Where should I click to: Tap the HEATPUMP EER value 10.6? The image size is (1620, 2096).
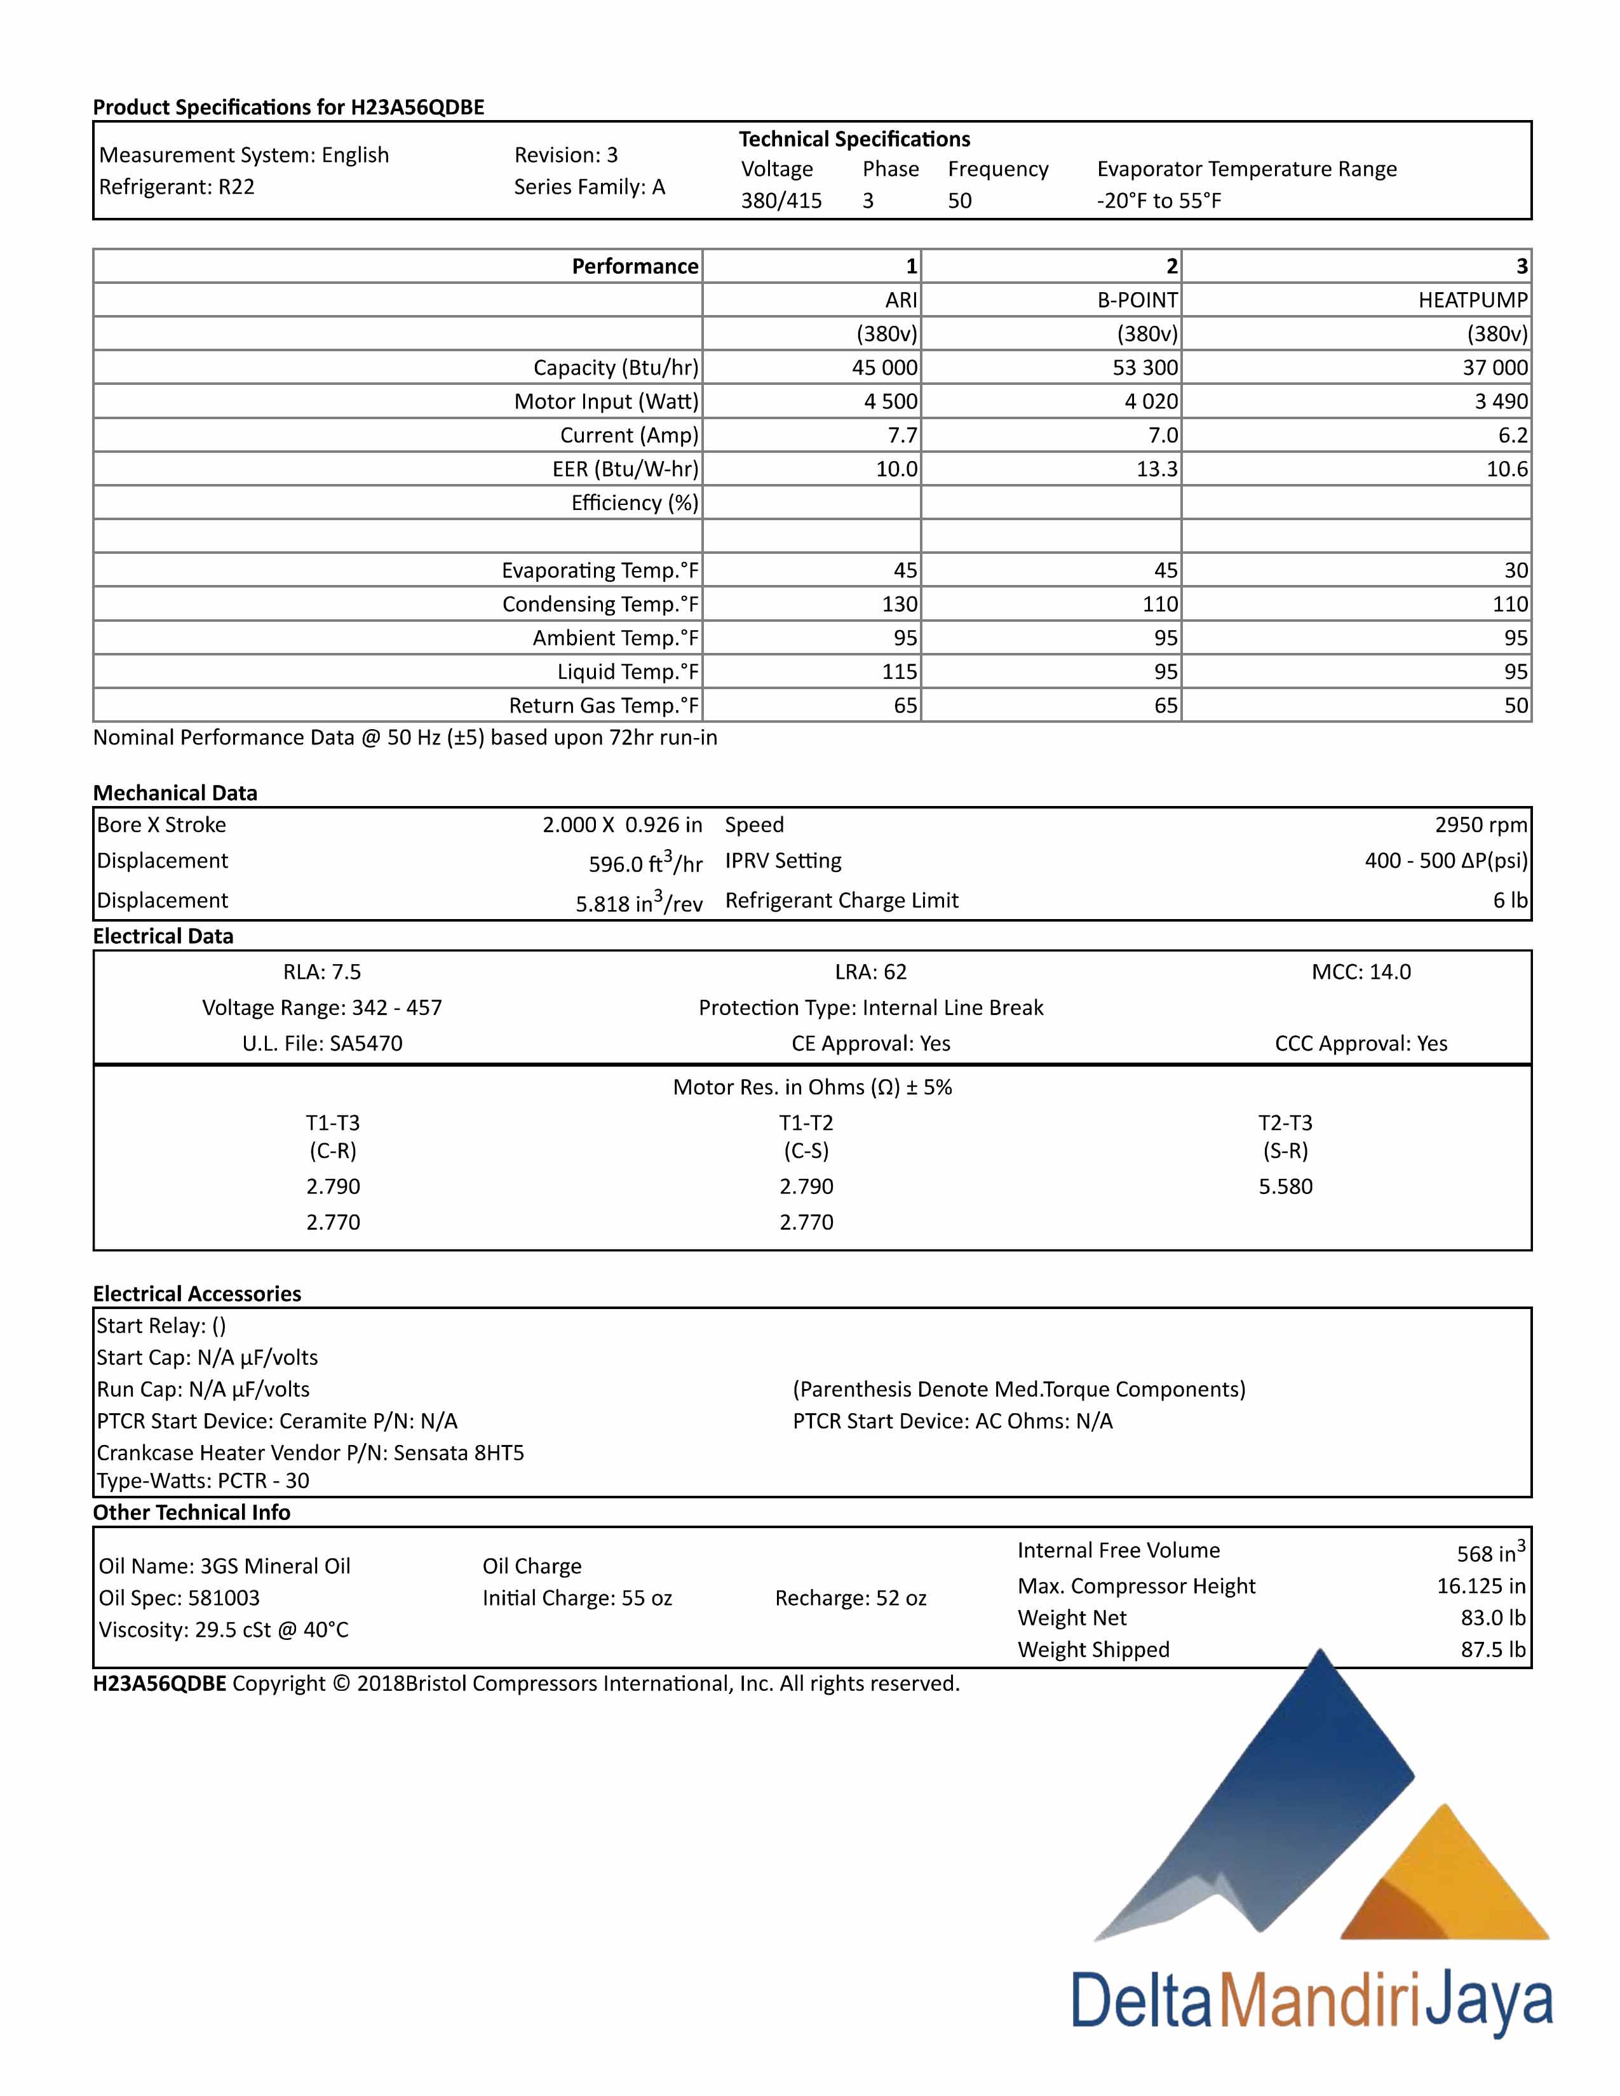pyautogui.click(x=1507, y=469)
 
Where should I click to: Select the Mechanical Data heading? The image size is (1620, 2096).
pyautogui.click(x=175, y=793)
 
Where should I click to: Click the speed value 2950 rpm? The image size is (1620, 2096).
pyautogui.click(x=1481, y=825)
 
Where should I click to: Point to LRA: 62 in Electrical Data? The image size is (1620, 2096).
pyautogui.click(x=870, y=972)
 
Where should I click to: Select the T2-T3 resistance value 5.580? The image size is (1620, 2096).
pyautogui.click(x=1285, y=1186)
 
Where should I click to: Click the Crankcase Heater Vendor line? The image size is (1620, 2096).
pyautogui.click(x=310, y=1453)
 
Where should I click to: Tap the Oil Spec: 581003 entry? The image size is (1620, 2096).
pyautogui.click(x=179, y=1598)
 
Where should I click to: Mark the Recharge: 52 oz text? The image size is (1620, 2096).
pyautogui.click(x=850, y=1598)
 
